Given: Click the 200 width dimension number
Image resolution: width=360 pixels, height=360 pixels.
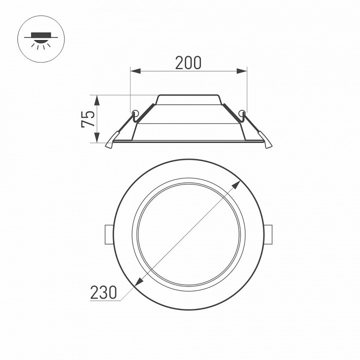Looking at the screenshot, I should click(x=188, y=62).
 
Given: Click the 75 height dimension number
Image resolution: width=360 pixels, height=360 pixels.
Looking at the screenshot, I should click(x=88, y=119).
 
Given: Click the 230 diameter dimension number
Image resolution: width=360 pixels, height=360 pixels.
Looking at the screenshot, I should click(x=103, y=291).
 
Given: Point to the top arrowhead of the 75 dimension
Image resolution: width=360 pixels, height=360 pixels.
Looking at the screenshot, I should click(x=98, y=98).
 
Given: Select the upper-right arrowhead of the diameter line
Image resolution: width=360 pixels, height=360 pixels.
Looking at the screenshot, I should click(x=235, y=185).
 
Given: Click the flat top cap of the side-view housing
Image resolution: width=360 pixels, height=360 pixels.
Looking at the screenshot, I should click(x=188, y=95).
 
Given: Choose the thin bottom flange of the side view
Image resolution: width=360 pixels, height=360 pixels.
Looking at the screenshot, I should click(x=188, y=142).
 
